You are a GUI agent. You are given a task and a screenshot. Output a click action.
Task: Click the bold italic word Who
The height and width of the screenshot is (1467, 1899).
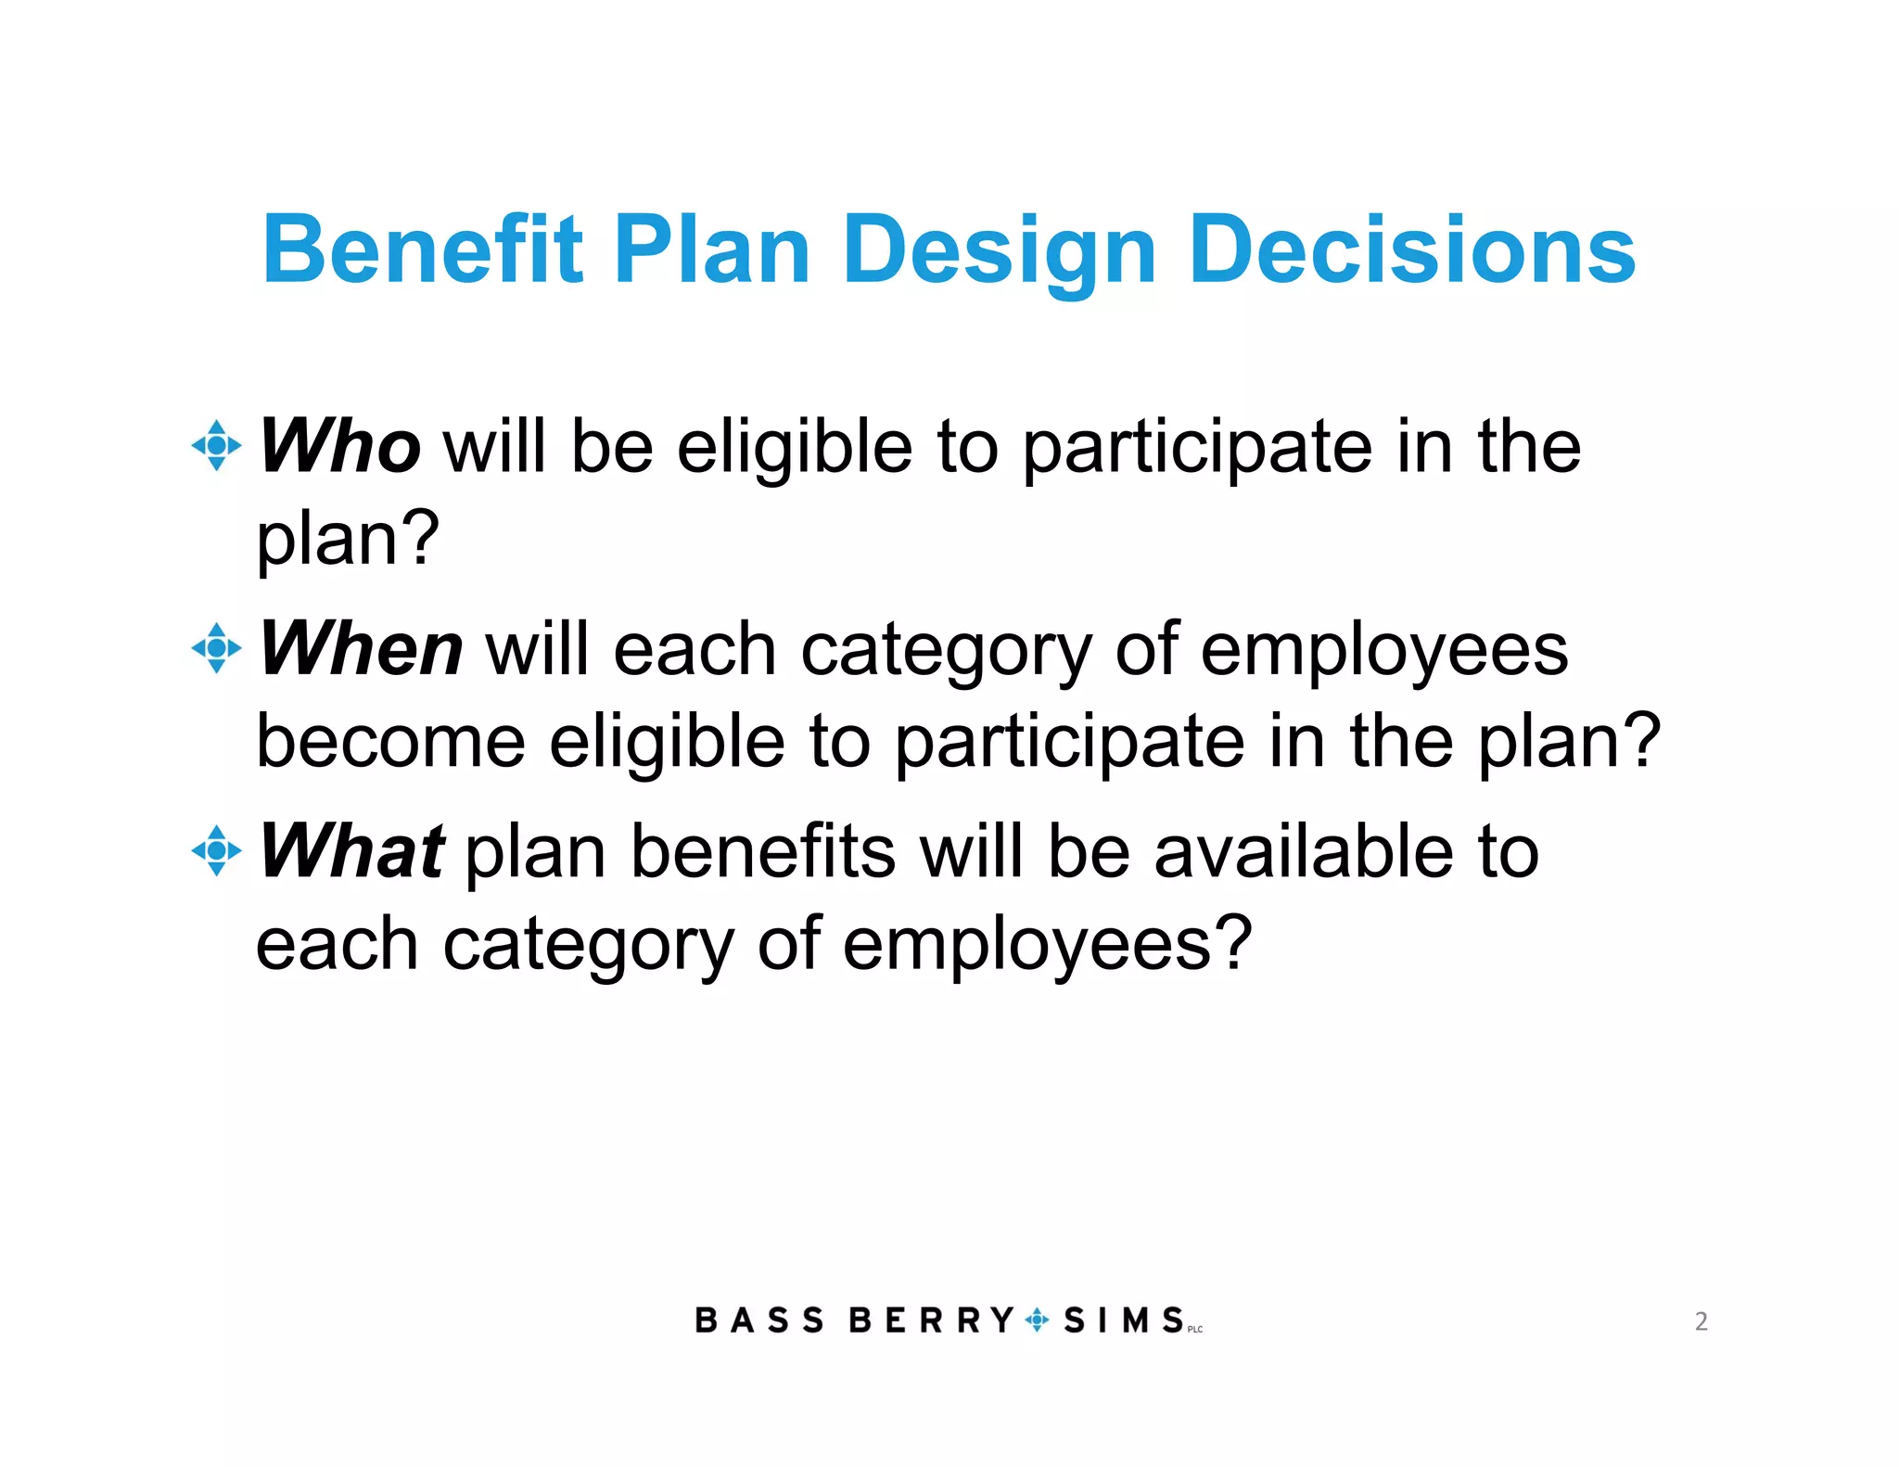point(339,446)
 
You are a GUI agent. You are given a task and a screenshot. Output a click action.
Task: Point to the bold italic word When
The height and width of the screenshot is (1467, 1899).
point(361,648)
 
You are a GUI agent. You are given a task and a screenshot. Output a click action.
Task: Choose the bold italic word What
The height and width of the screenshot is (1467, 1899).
point(351,850)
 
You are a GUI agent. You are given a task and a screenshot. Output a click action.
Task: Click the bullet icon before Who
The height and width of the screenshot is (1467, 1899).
point(216,446)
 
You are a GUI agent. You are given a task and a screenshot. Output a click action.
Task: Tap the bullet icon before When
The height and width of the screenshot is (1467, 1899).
point(216,648)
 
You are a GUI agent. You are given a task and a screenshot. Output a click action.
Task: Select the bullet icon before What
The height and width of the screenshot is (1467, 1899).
point(216,850)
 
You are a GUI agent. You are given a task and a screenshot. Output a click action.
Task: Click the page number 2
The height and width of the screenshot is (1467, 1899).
point(1701,1320)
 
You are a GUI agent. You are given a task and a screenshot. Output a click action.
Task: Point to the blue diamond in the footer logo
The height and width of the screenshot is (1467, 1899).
point(1038,1320)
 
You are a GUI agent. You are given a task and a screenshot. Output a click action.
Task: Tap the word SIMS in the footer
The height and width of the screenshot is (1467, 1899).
point(1123,1320)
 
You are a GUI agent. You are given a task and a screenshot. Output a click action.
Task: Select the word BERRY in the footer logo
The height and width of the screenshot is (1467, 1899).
point(931,1320)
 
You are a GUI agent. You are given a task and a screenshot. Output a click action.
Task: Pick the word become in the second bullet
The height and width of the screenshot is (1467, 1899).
point(390,741)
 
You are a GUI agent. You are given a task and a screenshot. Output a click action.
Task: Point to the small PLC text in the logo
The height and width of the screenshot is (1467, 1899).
point(1195,1330)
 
